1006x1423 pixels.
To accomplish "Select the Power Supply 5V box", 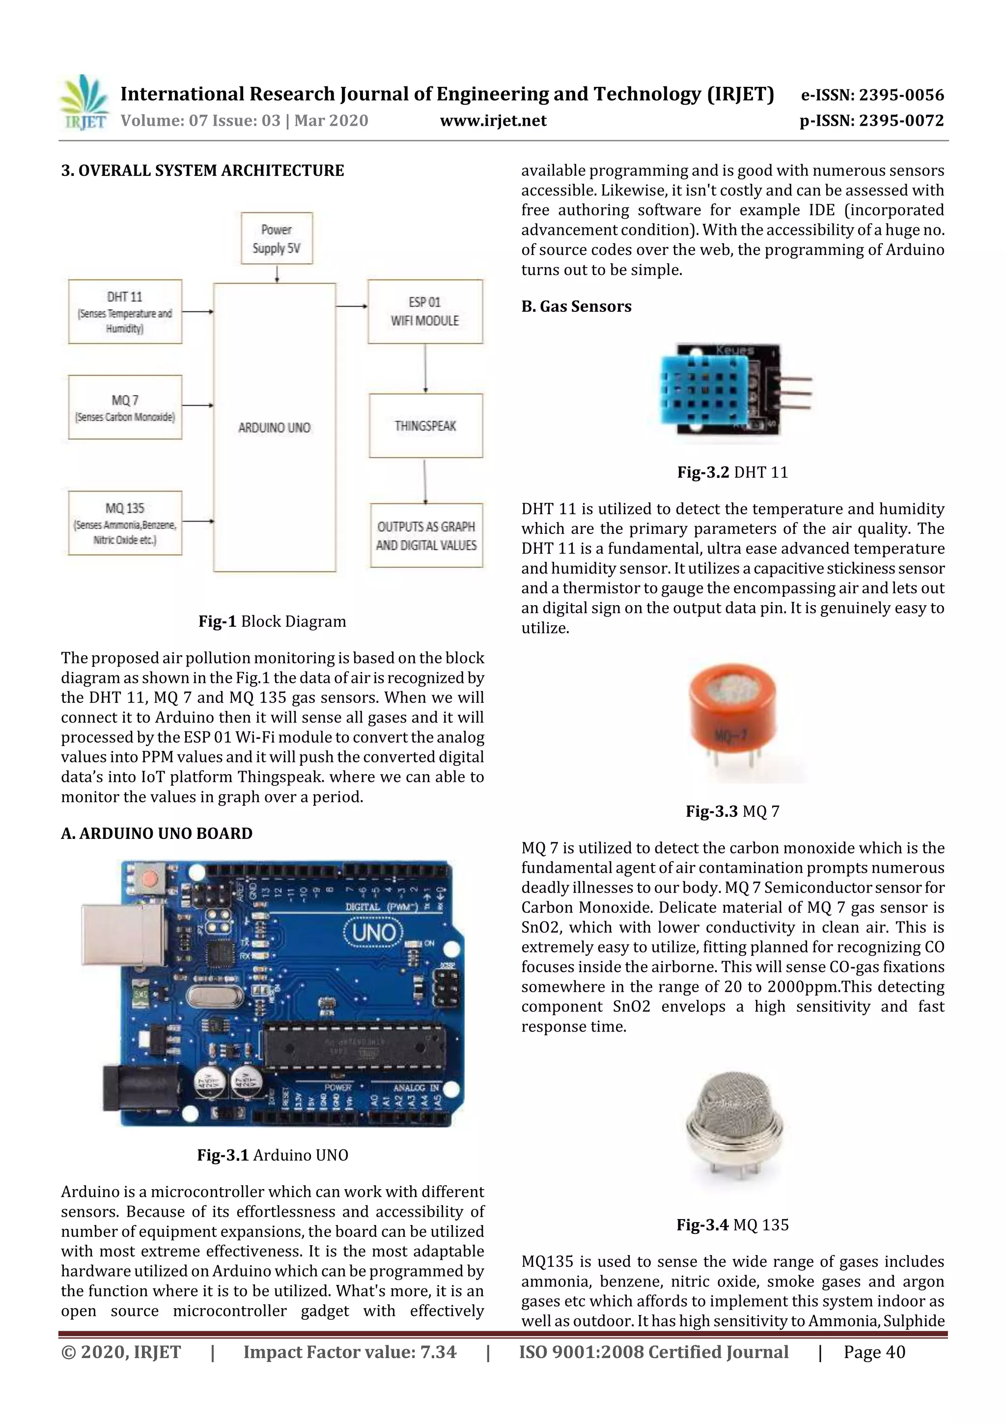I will point(277,239).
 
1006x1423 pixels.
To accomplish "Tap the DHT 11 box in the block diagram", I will point(125,312).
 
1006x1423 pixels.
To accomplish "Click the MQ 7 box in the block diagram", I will point(125,407).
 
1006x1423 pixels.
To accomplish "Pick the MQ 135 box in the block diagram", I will point(125,523).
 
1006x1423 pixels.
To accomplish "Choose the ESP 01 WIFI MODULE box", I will point(425,312).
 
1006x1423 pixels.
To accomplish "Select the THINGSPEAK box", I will point(425,426).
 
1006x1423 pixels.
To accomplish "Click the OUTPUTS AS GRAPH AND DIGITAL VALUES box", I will point(426,535).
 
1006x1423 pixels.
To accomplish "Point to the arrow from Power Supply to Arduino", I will point(277,273).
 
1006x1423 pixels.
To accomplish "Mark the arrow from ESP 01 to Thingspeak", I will point(425,369).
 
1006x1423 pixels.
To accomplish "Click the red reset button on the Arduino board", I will point(149,878).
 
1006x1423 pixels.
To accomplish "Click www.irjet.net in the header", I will point(493,121).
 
